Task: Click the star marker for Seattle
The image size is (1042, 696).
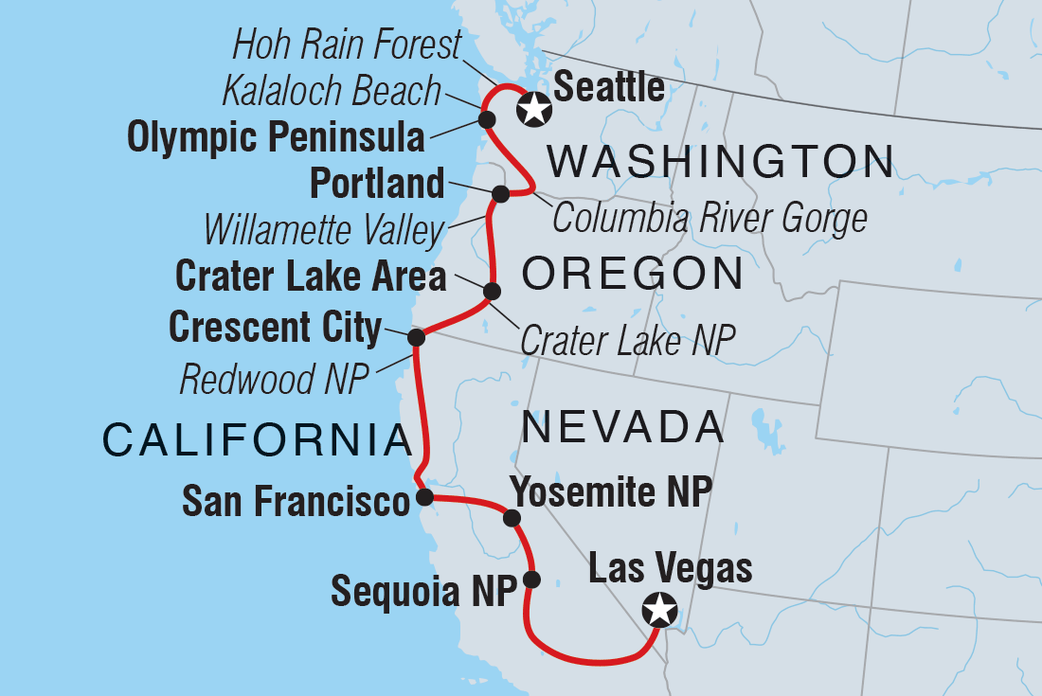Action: (x=534, y=109)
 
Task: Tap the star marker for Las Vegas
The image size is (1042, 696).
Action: (x=659, y=609)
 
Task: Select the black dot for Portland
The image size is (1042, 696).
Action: (x=501, y=194)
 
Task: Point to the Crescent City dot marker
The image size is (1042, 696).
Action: (x=415, y=337)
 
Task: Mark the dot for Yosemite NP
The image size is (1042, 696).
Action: (x=512, y=517)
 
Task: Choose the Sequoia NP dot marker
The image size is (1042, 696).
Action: (x=531, y=580)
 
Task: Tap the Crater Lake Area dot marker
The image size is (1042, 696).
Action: (x=492, y=291)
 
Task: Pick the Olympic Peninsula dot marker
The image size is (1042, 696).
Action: (x=487, y=119)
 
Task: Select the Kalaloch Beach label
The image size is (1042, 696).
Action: (x=332, y=91)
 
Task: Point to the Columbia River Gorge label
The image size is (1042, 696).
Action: (x=710, y=218)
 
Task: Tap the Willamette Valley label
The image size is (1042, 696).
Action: (x=324, y=229)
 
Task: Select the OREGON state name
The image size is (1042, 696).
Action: (x=632, y=274)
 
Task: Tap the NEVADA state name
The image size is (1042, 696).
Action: (x=623, y=427)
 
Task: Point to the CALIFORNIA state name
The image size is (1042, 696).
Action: (x=256, y=440)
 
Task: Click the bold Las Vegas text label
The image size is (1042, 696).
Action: (x=670, y=569)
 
